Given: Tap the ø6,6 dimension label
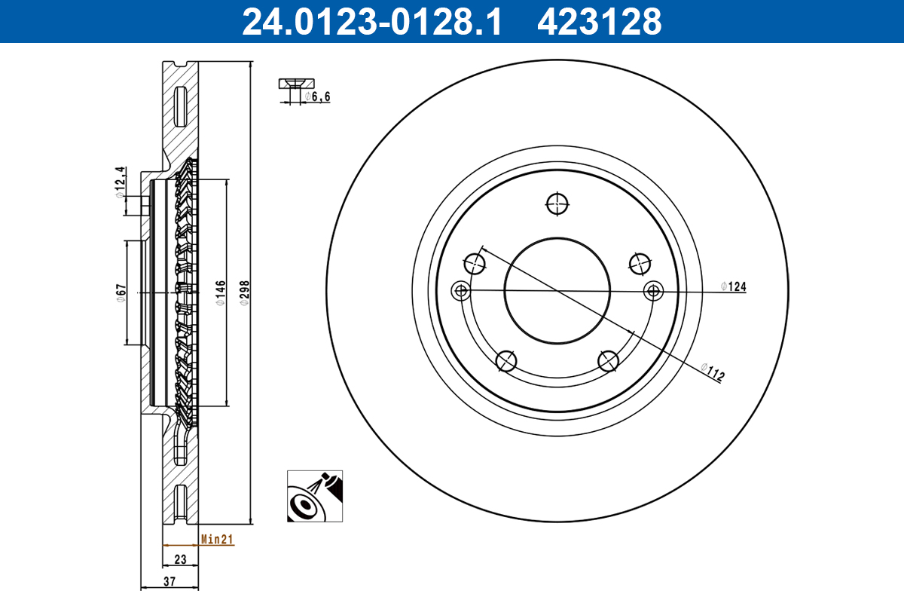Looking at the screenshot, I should (x=317, y=96).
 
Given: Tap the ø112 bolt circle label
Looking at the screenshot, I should (x=711, y=372).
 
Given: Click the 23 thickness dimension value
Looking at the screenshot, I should (x=181, y=559).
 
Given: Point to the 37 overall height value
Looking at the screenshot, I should (x=169, y=580).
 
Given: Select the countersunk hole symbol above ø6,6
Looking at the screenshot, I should (x=296, y=83).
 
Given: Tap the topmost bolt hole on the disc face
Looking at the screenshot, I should (x=557, y=204).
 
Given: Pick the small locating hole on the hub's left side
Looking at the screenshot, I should (x=460, y=290).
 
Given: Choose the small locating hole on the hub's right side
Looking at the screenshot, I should (x=653, y=290).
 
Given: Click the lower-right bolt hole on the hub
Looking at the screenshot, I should (x=608, y=361).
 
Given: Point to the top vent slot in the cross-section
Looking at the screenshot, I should (x=180, y=107).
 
